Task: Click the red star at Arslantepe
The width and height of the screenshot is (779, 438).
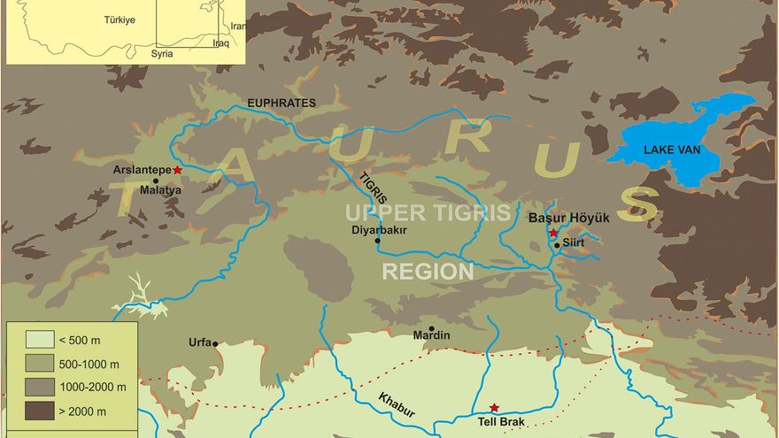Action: point(178,169)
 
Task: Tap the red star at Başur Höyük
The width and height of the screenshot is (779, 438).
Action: point(553,233)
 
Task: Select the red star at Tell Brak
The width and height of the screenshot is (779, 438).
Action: point(494,408)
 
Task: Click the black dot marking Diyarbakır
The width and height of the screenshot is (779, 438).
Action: point(378,241)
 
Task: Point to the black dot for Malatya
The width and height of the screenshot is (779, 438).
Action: point(156,181)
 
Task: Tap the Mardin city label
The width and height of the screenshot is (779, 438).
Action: point(432,336)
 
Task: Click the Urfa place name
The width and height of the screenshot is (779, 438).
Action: point(200,342)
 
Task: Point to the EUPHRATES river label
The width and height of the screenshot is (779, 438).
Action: point(282,104)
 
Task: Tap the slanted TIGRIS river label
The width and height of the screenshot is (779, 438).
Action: point(373,189)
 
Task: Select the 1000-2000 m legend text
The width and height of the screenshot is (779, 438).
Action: point(92,387)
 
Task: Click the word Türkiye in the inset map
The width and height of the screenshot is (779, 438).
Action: point(120,19)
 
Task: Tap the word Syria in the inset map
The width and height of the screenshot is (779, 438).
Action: point(161,53)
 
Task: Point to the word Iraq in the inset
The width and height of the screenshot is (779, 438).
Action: point(220,42)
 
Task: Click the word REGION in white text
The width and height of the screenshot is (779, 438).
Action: point(428,272)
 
